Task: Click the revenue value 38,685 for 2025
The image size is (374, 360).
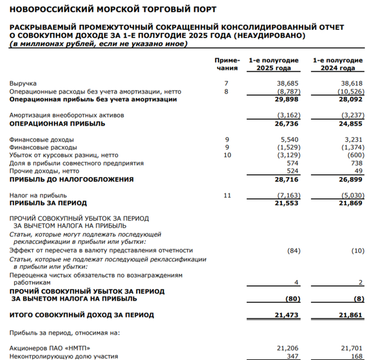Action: (287, 83)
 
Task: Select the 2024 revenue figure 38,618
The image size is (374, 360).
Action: (352, 83)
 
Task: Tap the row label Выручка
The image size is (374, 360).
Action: (23, 83)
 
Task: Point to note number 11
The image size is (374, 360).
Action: (227, 195)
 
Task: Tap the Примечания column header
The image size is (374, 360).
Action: (227, 64)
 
